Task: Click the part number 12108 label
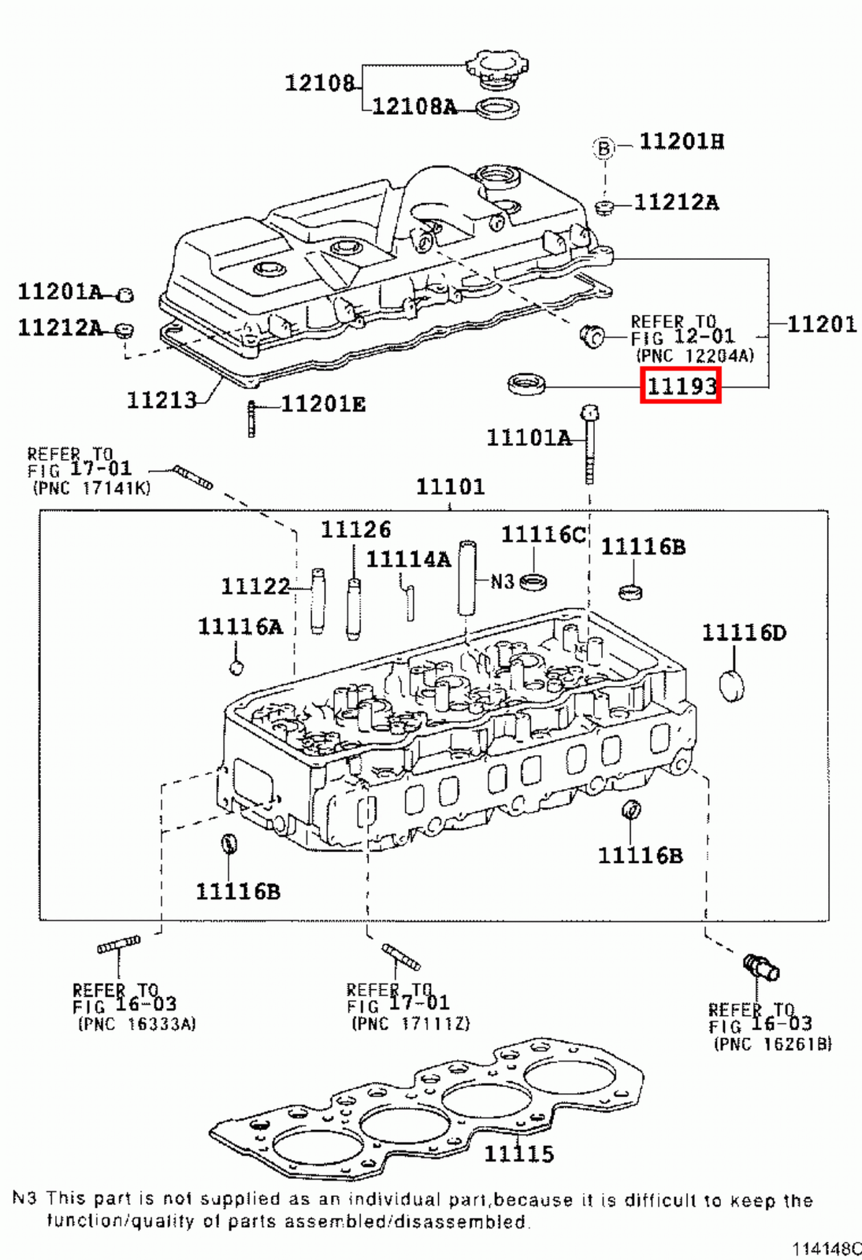(319, 83)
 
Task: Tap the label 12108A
(414, 106)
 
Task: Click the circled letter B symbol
(604, 147)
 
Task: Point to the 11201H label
(682, 142)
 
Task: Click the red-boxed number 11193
(681, 386)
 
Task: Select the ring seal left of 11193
(526, 384)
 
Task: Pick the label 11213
(162, 400)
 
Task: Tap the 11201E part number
(323, 404)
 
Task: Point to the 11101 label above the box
(450, 487)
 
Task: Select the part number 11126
(355, 530)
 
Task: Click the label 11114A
(408, 560)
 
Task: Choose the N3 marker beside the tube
(502, 582)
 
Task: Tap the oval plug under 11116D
(732, 685)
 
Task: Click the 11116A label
(240, 627)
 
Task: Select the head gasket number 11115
(518, 1154)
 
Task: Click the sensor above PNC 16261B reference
(760, 966)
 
